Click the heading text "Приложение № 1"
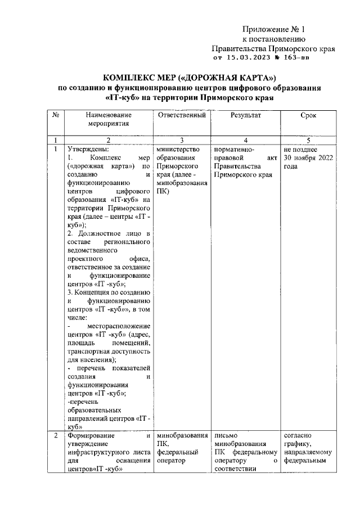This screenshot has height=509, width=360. click(x=273, y=30)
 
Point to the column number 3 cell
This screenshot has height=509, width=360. click(x=182, y=140)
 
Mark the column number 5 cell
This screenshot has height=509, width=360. click(x=308, y=140)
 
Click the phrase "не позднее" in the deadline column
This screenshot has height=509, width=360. click(x=301, y=149)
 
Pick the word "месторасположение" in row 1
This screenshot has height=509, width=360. click(x=119, y=326)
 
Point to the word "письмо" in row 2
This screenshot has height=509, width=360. click(x=227, y=435)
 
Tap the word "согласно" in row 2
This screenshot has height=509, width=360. click(x=299, y=435)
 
